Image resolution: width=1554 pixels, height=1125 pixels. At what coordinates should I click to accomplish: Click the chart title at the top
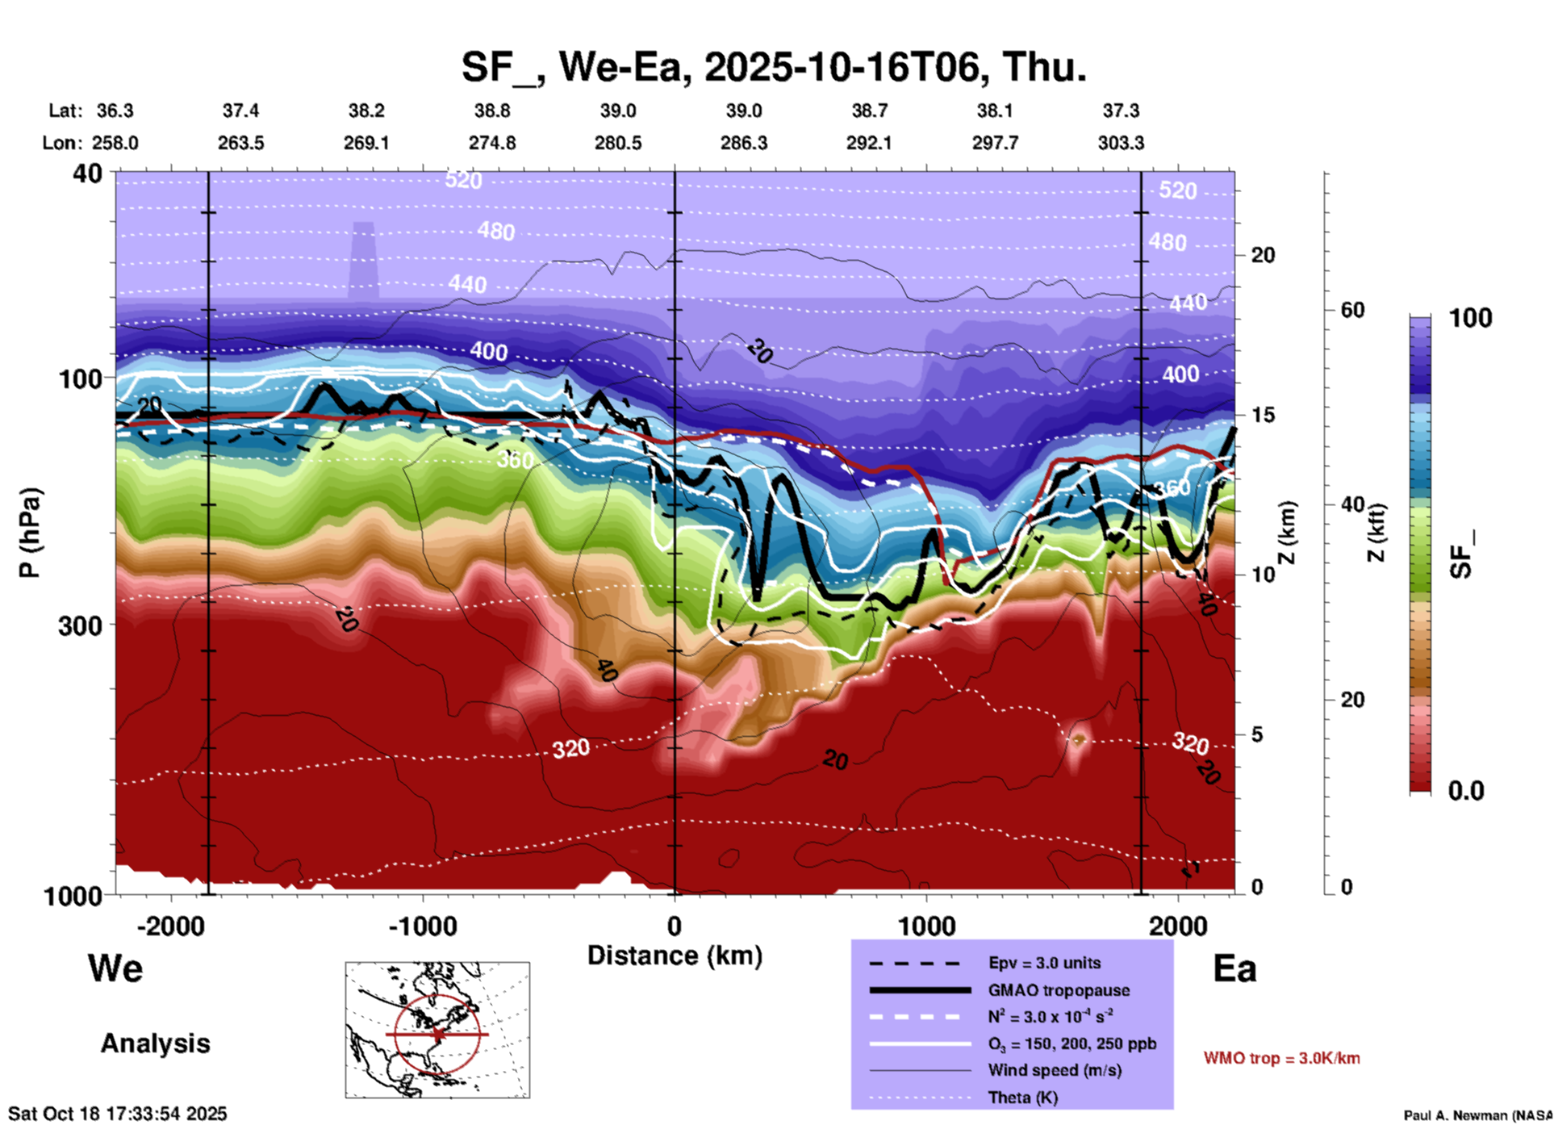coord(773,66)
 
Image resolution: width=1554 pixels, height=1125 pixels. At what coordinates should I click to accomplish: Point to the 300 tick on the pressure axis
coord(81,625)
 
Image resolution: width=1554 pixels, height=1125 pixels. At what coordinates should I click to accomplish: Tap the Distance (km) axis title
coord(675,956)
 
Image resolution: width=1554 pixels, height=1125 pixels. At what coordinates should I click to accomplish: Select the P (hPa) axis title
coord(29,533)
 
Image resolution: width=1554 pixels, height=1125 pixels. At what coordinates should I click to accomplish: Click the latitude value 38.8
coord(491,111)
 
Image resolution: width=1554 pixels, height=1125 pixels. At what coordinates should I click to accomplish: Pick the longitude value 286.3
coord(743,143)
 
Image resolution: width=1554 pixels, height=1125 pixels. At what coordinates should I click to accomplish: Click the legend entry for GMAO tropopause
coord(1059,990)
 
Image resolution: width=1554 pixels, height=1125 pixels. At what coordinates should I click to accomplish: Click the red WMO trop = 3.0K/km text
coord(1281,1058)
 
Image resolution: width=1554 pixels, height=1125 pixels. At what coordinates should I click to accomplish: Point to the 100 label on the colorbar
coord(1470,318)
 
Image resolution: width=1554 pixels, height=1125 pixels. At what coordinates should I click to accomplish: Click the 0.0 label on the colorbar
coord(1466,791)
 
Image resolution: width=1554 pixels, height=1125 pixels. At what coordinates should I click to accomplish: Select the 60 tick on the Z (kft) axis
coord(1352,310)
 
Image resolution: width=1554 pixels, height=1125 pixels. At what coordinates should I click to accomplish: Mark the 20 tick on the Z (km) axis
coord(1263,256)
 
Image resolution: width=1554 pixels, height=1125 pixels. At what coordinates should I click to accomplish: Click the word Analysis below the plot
coord(155,1043)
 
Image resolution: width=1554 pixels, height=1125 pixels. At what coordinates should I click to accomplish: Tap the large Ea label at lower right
coord(1234,968)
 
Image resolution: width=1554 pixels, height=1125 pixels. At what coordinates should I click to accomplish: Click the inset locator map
coord(437,1029)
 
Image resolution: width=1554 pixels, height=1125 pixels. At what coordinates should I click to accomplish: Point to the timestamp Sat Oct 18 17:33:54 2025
coord(118,1114)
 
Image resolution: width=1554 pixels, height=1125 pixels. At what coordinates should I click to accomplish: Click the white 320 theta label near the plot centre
coord(570,749)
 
